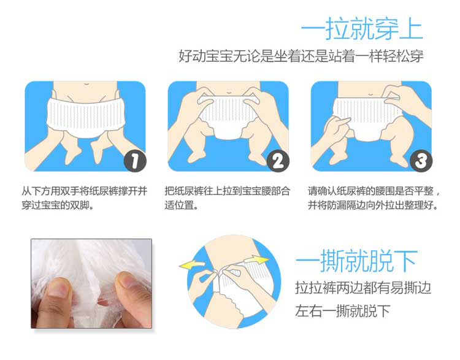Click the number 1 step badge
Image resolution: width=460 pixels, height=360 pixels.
tap(135, 161)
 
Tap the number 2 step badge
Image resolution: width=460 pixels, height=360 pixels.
tap(278, 161)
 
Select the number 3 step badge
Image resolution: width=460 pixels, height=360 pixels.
tap(421, 161)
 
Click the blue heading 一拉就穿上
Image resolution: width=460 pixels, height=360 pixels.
tap(362, 28)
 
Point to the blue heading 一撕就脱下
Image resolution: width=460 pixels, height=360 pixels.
tap(357, 261)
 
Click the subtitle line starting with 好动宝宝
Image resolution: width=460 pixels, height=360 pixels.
tap(301, 56)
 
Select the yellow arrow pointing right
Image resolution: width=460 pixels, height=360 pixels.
tap(257, 260)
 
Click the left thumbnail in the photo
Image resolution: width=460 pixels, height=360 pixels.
tap(59, 288)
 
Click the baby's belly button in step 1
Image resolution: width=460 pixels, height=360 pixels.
tap(86, 85)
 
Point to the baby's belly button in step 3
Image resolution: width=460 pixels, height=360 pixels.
tap(371, 95)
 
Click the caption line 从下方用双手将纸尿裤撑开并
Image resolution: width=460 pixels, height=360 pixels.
tap(85, 191)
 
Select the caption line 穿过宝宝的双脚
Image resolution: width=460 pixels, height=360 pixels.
tap(58, 205)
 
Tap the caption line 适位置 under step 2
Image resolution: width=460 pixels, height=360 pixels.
tap(182, 205)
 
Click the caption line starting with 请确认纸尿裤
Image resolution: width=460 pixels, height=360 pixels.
tap(374, 191)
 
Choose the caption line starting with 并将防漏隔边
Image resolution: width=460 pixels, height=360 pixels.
tap(373, 205)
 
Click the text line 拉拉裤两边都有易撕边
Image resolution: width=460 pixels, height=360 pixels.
tap(363, 288)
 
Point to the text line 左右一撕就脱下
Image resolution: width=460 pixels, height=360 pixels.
tap(343, 311)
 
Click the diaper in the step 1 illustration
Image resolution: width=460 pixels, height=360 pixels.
tap(86, 118)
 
